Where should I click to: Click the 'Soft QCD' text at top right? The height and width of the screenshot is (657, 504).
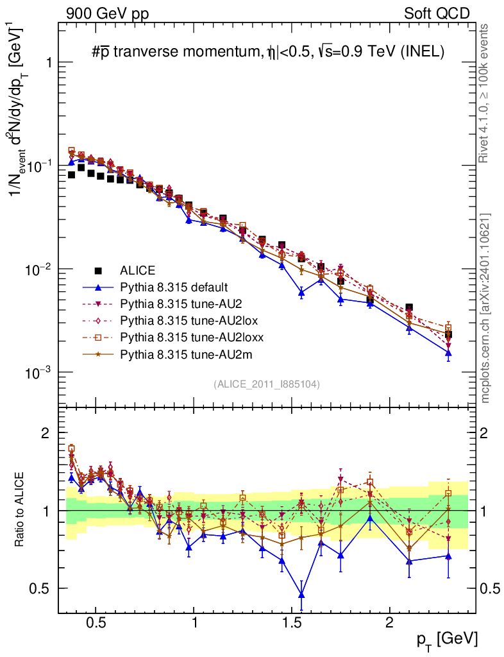pyautogui.click(x=436, y=13)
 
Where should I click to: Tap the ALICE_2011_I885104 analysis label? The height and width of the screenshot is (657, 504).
pyautogui.click(x=267, y=384)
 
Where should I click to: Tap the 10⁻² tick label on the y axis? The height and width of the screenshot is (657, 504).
pyautogui.click(x=37, y=269)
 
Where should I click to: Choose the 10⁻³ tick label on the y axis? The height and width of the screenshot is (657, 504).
pyautogui.click(x=37, y=373)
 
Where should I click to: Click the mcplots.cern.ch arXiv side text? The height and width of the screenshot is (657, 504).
pyautogui.click(x=486, y=309)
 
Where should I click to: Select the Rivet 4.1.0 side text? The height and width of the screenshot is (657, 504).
pyautogui.click(x=486, y=94)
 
